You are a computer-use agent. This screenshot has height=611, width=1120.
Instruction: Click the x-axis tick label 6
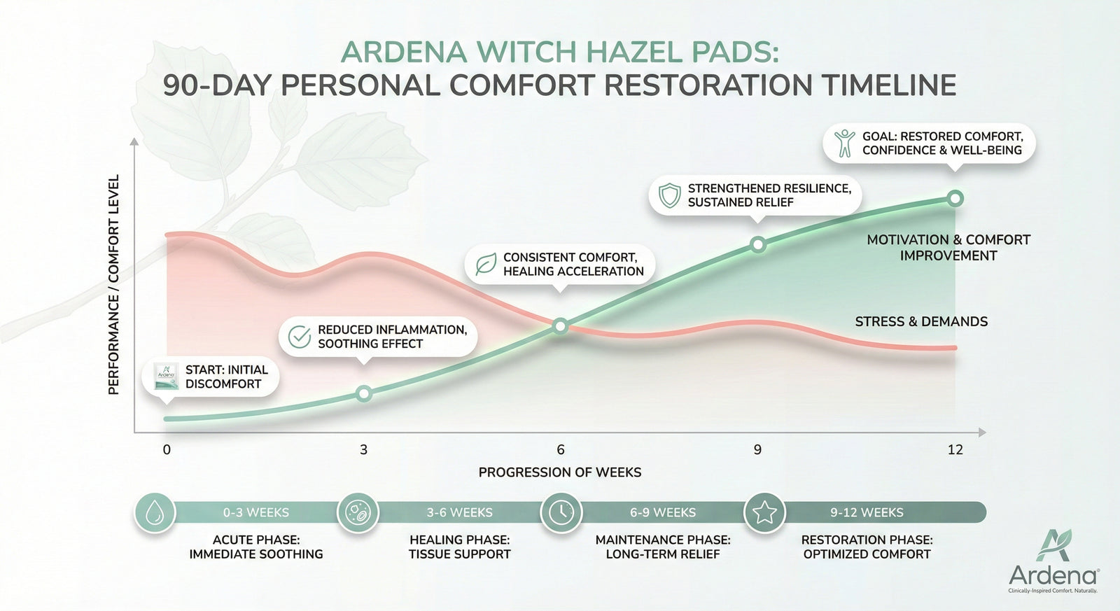[x=561, y=450]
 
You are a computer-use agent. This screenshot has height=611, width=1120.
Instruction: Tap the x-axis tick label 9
[x=757, y=450]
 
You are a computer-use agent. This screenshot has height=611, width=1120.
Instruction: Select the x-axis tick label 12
[x=955, y=450]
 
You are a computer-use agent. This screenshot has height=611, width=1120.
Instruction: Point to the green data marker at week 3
[x=363, y=393]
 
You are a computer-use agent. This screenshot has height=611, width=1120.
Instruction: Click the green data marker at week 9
[x=757, y=244]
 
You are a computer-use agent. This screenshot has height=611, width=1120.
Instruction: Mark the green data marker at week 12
[x=955, y=198]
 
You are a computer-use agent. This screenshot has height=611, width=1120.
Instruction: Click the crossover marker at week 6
[x=560, y=326]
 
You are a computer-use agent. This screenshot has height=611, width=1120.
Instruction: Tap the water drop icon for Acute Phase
[x=154, y=513]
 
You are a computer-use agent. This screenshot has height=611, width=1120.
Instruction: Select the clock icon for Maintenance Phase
[x=561, y=513]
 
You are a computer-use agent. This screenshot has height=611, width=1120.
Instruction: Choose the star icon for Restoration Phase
[x=764, y=513]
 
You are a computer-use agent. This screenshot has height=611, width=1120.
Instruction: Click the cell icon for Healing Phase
[x=358, y=513]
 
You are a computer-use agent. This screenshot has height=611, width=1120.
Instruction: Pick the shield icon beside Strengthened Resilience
[x=670, y=195]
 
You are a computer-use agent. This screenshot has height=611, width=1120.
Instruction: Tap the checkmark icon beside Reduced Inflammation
[x=300, y=337]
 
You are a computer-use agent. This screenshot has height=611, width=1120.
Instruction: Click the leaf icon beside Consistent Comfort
[x=485, y=265]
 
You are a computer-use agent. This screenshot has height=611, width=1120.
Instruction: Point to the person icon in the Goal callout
[x=844, y=143]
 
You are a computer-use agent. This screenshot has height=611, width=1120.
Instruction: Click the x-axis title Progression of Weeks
[x=560, y=472]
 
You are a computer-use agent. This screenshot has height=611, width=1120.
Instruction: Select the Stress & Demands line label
[x=921, y=321]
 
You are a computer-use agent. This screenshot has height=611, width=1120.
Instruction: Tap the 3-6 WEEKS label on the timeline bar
[x=459, y=513]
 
